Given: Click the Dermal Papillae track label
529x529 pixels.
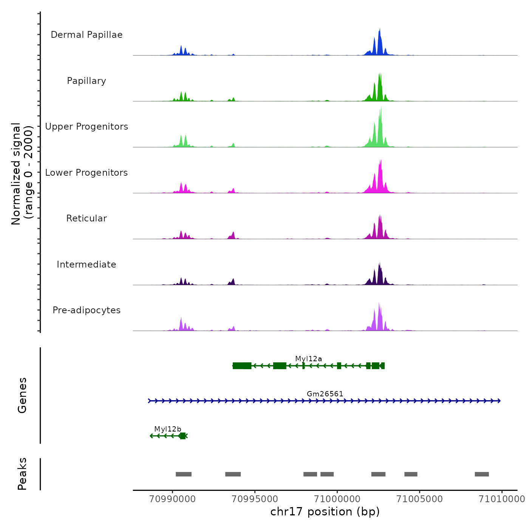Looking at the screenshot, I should click(87, 35).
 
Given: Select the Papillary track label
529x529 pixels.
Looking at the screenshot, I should click(87, 81).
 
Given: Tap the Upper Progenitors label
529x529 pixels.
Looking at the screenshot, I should click(87, 127).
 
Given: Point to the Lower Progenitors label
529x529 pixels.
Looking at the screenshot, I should click(87, 173).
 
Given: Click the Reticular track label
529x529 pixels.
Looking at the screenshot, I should click(87, 218).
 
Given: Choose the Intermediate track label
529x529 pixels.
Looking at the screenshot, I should click(87, 264).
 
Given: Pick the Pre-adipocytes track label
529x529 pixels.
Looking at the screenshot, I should click(87, 310).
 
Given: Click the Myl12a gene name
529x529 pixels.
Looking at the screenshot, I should click(309, 359).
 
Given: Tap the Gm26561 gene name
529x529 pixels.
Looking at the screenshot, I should click(325, 394).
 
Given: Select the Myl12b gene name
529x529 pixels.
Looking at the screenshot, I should click(168, 429).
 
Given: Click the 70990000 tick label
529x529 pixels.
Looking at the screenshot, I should click(173, 499).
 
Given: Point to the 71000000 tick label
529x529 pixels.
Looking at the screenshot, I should click(337, 499).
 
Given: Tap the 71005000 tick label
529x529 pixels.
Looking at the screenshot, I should click(419, 499).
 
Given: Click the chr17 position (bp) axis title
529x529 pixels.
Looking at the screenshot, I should click(325, 512).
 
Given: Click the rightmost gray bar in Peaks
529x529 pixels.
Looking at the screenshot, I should click(482, 474).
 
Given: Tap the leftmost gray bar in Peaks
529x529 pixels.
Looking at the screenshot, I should click(184, 474).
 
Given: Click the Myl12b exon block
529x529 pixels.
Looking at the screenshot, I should click(183, 436).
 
